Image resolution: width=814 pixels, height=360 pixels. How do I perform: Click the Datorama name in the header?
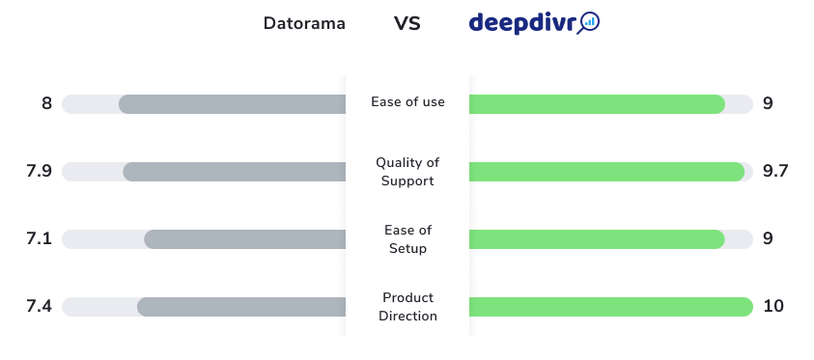[x=304, y=23]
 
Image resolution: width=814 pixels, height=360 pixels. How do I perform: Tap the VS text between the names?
[x=407, y=23]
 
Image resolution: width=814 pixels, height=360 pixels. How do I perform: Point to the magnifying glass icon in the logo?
[x=589, y=23]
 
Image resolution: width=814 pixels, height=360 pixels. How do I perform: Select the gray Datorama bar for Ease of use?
[x=232, y=104]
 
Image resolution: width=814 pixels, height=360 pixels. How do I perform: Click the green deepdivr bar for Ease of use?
[x=597, y=104]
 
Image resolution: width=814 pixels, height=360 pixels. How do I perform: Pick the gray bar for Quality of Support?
[x=234, y=172]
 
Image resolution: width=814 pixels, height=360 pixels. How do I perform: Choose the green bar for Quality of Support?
[x=606, y=172]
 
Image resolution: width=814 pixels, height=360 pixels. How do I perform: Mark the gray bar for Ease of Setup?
[x=245, y=239]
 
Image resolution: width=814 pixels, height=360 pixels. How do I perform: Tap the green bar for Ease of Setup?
[x=597, y=239]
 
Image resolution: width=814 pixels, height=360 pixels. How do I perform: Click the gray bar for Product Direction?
[x=241, y=307]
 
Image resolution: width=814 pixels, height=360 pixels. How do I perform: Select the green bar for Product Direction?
[x=611, y=307]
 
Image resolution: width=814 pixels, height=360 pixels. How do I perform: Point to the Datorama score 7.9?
[x=39, y=171]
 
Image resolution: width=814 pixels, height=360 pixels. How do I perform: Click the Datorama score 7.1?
[x=39, y=238]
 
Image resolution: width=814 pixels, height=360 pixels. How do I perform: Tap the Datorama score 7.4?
[x=39, y=306]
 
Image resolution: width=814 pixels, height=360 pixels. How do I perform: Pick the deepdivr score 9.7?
[x=775, y=171]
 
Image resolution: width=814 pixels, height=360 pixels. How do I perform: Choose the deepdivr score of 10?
[x=773, y=306]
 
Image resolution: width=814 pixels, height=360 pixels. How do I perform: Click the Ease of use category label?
[x=407, y=102]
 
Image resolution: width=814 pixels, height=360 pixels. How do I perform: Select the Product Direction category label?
[x=407, y=307]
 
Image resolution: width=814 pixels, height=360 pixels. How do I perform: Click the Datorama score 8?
[x=46, y=103]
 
